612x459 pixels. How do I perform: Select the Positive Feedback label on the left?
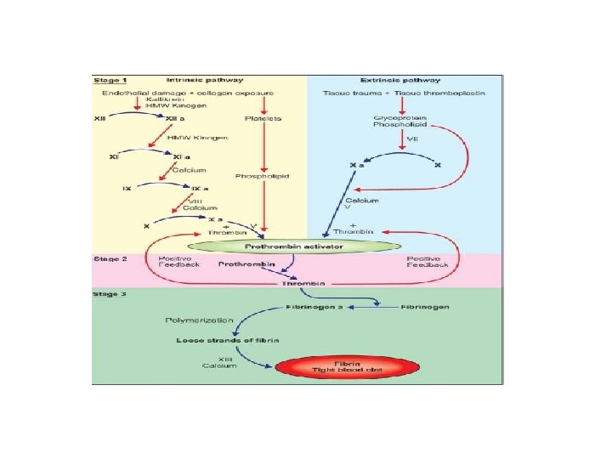(176, 262)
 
